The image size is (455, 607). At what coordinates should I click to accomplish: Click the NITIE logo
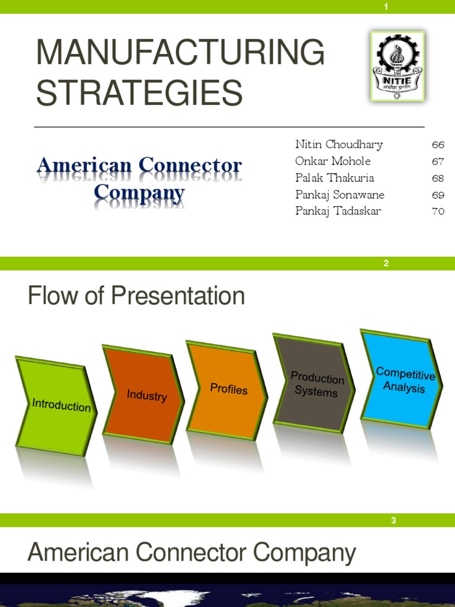pyautogui.click(x=397, y=66)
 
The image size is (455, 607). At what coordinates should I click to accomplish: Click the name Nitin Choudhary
pyautogui.click(x=339, y=145)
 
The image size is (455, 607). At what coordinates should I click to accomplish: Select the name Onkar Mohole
pyautogui.click(x=333, y=161)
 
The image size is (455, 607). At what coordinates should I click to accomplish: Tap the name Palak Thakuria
pyautogui.click(x=335, y=178)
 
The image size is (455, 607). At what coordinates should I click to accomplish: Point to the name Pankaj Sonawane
pyautogui.click(x=339, y=194)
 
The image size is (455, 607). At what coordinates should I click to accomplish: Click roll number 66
pyautogui.click(x=438, y=145)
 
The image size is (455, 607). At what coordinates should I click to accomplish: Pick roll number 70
pyautogui.click(x=438, y=211)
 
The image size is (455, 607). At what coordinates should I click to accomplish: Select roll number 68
pyautogui.click(x=438, y=178)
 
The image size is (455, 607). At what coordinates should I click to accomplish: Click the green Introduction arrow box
pyautogui.click(x=58, y=405)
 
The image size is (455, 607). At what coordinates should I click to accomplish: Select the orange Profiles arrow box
pyautogui.click(x=228, y=389)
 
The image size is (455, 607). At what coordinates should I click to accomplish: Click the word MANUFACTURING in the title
pyautogui.click(x=180, y=53)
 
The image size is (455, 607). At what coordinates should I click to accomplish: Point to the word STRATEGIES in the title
pyautogui.click(x=139, y=93)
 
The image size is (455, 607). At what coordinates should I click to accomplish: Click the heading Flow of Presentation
pyautogui.click(x=136, y=296)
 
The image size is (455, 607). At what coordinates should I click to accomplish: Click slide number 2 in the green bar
pyautogui.click(x=386, y=264)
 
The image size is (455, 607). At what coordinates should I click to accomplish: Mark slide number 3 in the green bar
pyautogui.click(x=393, y=520)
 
